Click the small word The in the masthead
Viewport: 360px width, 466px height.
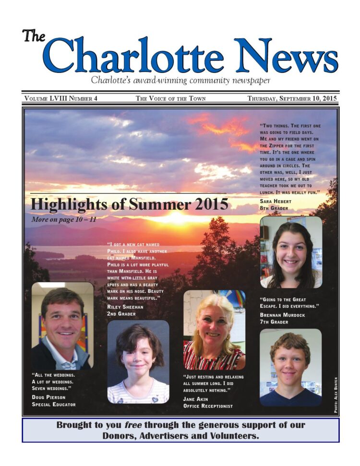click(33, 36)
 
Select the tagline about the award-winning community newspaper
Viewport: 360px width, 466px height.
click(180, 80)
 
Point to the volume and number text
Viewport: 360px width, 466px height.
click(60, 98)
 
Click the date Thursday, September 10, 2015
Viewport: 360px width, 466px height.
click(292, 98)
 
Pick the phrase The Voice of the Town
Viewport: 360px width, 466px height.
click(170, 98)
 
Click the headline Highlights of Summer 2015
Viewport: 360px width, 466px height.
click(129, 204)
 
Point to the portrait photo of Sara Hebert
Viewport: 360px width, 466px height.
click(291, 252)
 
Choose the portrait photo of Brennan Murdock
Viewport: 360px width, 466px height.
click(290, 367)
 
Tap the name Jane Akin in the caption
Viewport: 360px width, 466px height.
click(196, 399)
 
